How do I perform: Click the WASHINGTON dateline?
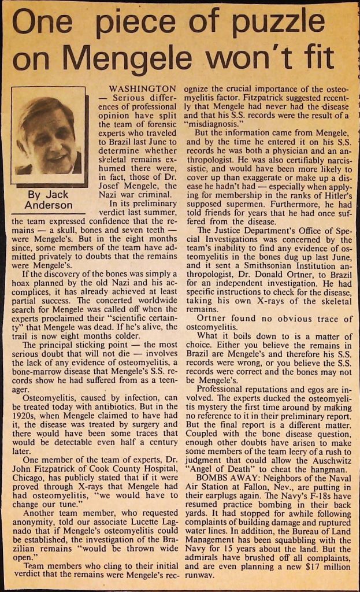coord(143,90)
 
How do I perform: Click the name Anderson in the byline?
coord(49,205)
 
